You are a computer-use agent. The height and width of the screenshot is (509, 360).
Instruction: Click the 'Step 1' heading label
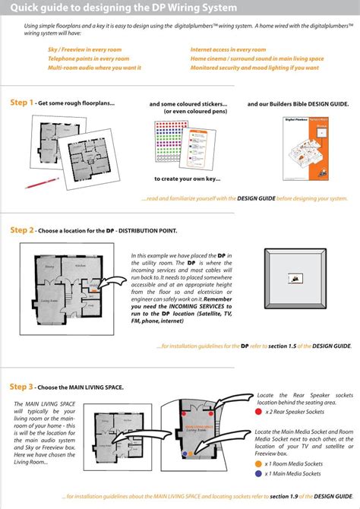point(21,102)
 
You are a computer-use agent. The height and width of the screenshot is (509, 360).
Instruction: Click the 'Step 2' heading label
point(21,228)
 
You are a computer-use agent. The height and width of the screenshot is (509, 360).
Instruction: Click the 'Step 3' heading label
point(21,386)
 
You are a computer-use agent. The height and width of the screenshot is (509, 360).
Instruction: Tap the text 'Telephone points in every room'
point(84,58)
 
